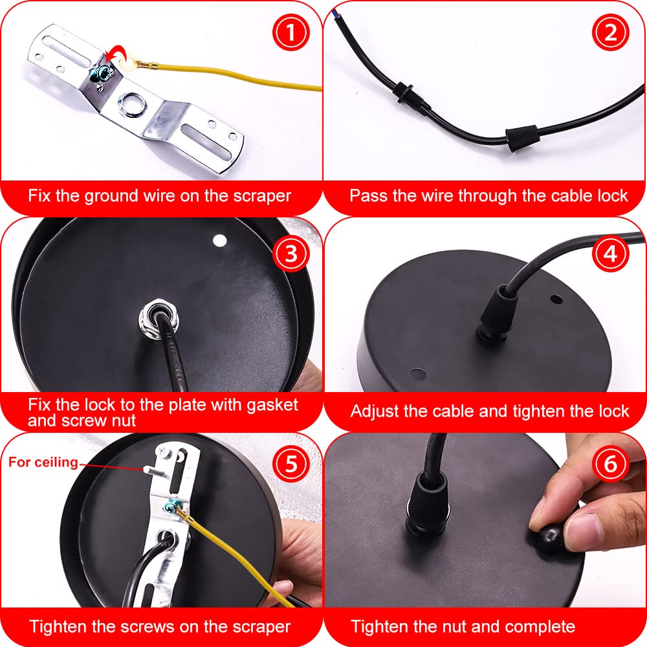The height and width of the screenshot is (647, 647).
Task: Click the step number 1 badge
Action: [x=291, y=32]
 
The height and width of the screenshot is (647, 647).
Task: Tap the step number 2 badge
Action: [x=611, y=32]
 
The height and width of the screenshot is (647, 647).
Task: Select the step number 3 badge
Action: [x=291, y=254]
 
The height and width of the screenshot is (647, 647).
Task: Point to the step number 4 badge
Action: [x=611, y=254]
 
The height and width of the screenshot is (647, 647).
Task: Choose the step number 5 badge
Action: [x=291, y=463]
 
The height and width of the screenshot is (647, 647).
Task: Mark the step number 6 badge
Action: [x=611, y=463]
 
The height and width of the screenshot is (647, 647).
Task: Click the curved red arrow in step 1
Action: [x=116, y=51]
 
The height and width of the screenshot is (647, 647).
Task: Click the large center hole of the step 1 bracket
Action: [x=131, y=102]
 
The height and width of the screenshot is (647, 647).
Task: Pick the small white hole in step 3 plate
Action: [x=219, y=241]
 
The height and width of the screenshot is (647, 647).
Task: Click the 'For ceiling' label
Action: [x=43, y=462]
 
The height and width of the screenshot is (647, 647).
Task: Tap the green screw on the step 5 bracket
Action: [x=170, y=505]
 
